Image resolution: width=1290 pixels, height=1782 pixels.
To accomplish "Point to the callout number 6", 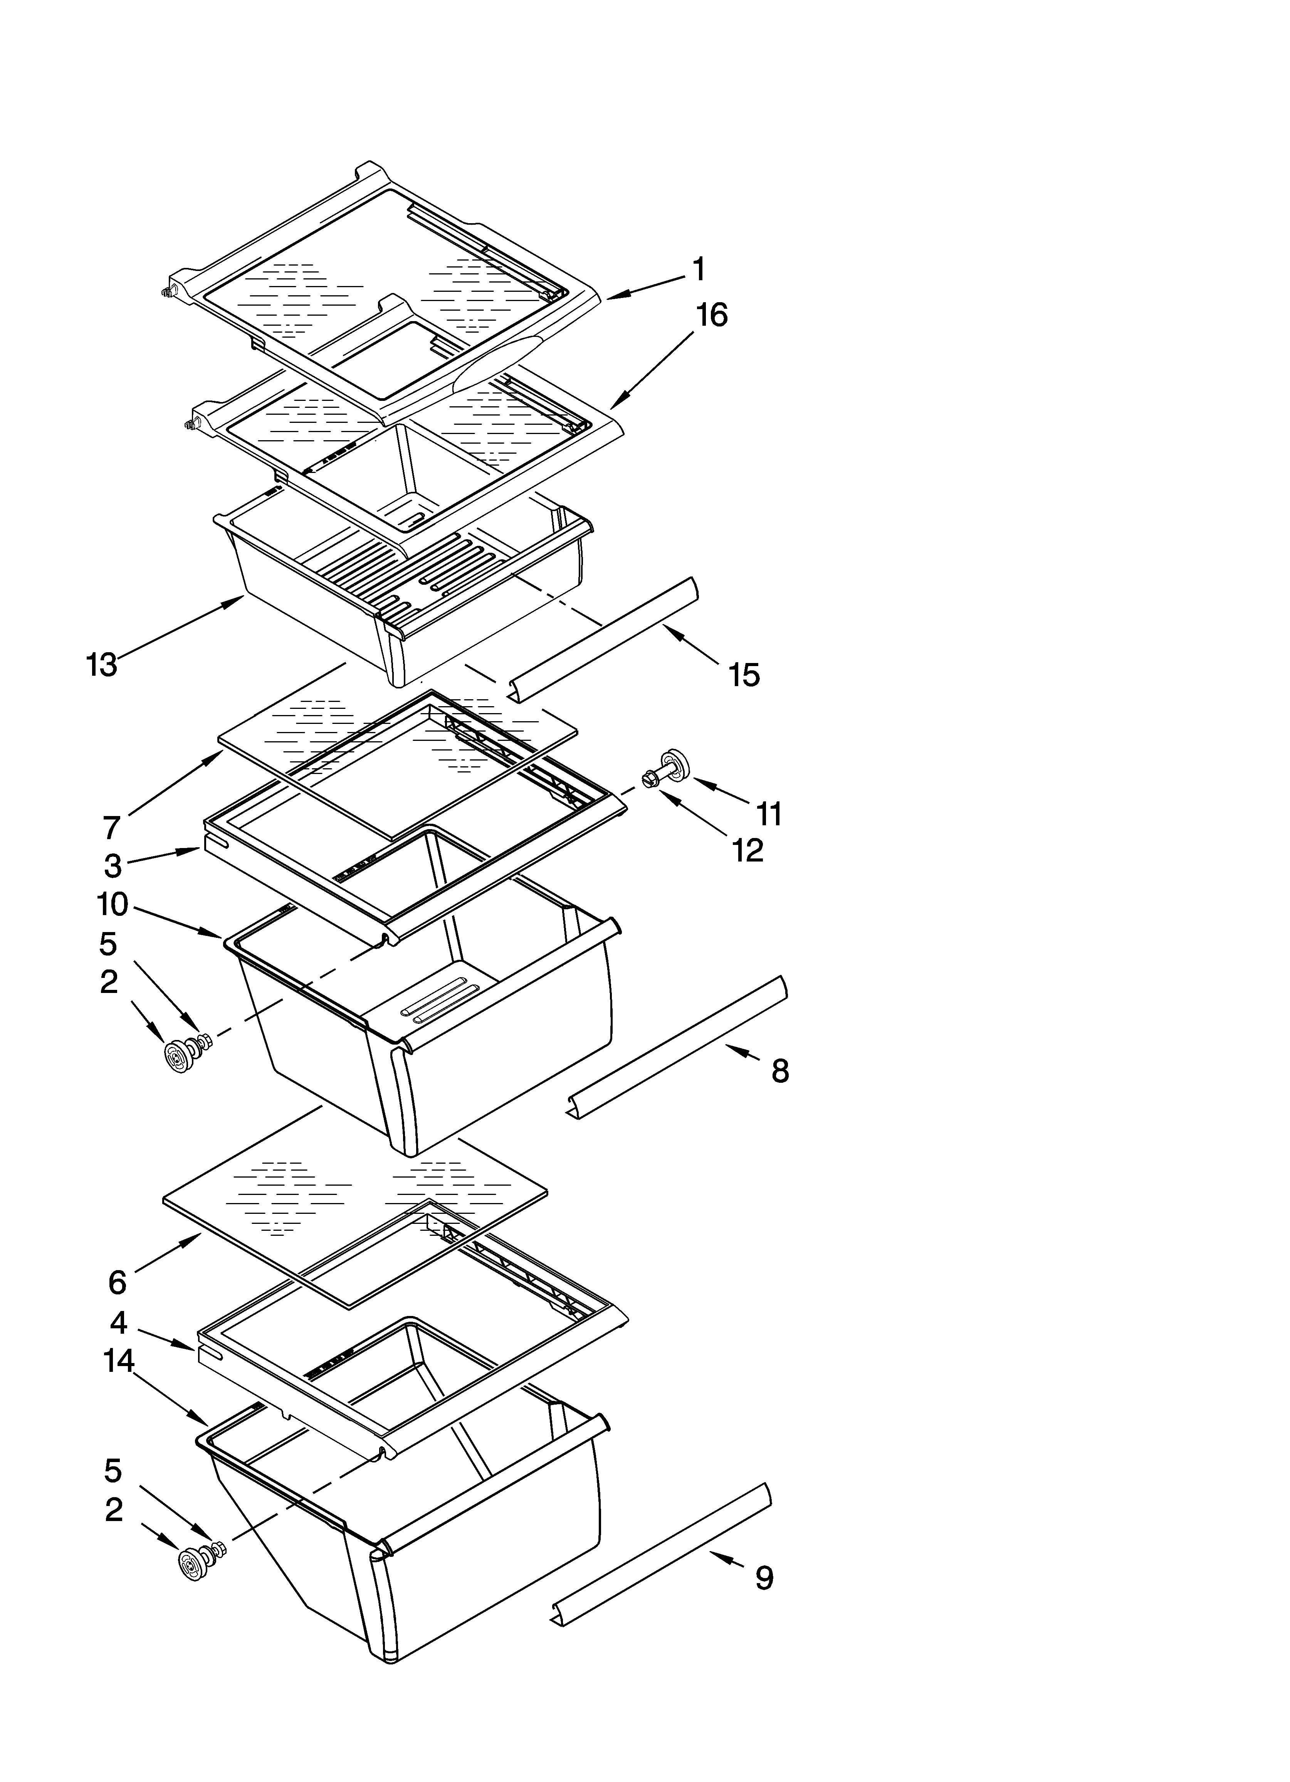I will (x=117, y=1282).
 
